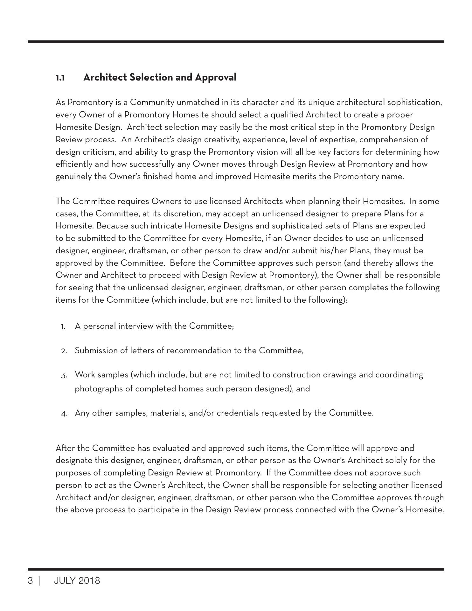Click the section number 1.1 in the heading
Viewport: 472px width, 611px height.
[x=60, y=78]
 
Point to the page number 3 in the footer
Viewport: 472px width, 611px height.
[x=30, y=581]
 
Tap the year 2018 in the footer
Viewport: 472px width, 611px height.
[x=89, y=581]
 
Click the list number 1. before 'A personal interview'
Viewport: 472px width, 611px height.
[x=63, y=327]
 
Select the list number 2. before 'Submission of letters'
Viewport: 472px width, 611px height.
[x=64, y=351]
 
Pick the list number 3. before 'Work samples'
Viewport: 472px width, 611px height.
[x=64, y=376]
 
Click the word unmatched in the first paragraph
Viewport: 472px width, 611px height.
[x=195, y=102]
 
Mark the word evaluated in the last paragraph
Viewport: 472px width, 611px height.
[x=171, y=448]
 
